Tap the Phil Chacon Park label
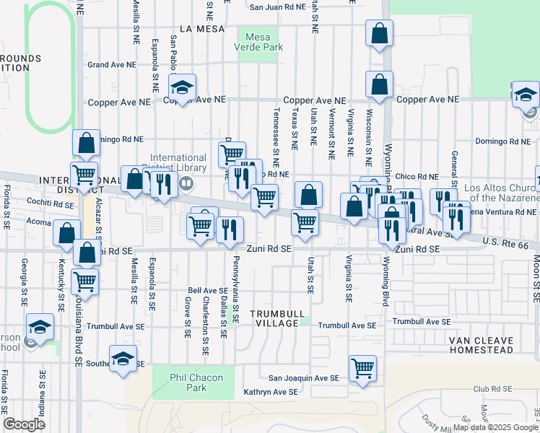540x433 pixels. point(188,382)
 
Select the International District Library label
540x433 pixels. point(178,163)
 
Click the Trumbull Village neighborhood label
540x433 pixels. point(274,318)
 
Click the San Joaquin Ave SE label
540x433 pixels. point(303,377)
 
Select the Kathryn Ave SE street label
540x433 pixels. point(271,392)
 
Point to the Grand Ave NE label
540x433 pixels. point(112,64)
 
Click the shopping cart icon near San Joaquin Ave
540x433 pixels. point(362,368)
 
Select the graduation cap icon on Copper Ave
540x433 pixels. point(183,87)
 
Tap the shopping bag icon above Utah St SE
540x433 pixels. point(308,194)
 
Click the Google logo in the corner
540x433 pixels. point(24,424)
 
